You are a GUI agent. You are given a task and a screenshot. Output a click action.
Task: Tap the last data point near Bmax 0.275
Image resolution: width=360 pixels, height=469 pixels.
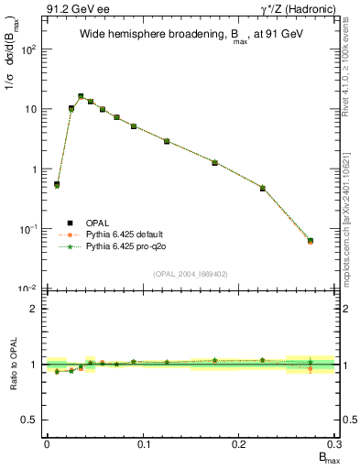coord(311,241)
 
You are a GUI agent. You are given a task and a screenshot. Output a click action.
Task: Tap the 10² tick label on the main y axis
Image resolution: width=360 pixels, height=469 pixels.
coord(28,49)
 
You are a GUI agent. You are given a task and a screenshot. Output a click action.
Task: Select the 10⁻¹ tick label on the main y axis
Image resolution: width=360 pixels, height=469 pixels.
coord(28,229)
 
